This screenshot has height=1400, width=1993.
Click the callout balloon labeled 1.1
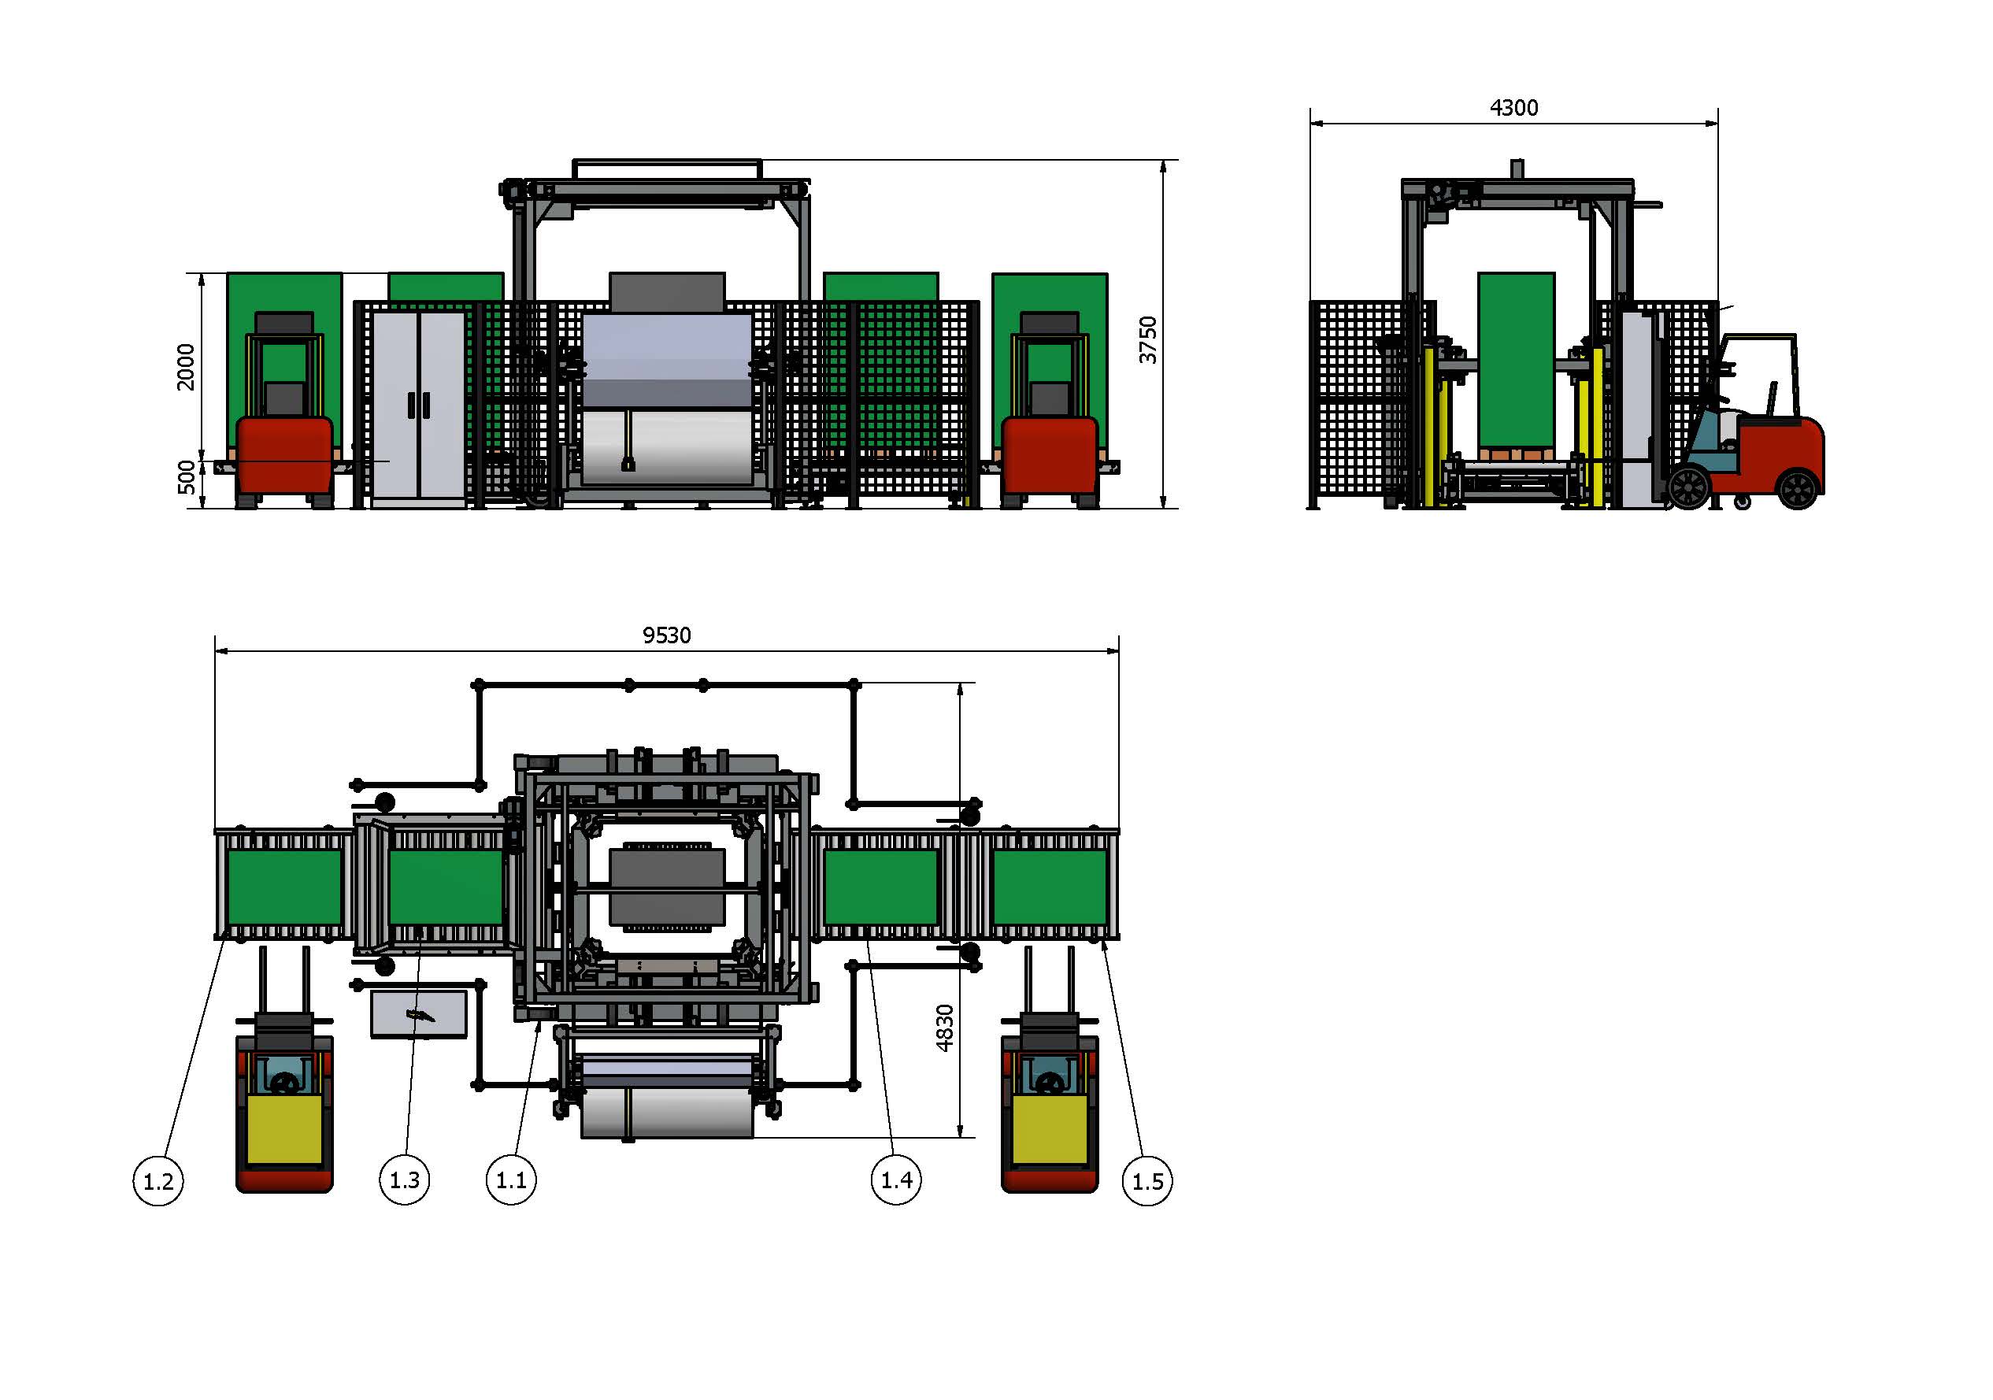point(510,1180)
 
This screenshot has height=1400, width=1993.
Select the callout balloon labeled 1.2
point(158,1180)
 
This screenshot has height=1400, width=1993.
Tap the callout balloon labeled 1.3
point(405,1180)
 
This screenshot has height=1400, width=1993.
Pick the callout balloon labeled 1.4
point(896,1180)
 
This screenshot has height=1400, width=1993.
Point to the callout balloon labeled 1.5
point(1147,1180)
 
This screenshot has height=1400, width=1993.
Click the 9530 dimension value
point(667,635)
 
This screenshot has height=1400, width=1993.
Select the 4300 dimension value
point(1514,108)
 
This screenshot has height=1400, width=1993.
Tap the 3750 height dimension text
point(1147,339)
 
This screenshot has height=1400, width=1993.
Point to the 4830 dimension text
point(944,1028)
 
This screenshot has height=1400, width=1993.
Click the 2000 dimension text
point(186,367)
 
